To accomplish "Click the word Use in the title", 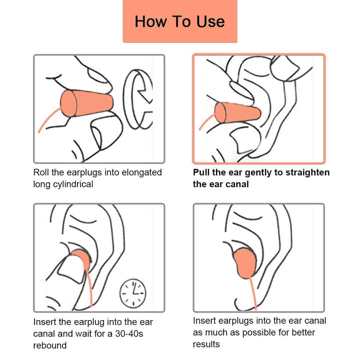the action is [211, 22].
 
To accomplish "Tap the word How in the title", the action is [151, 22].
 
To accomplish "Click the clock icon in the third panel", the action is [133, 293].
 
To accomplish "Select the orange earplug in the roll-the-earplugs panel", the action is [87, 103].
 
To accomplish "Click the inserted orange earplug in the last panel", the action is [245, 263].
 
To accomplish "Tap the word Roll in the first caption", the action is [41, 172].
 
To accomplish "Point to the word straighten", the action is [307, 173].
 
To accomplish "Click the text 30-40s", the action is [129, 334].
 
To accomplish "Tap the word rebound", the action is [50, 345].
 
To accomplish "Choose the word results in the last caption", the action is [206, 344].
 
